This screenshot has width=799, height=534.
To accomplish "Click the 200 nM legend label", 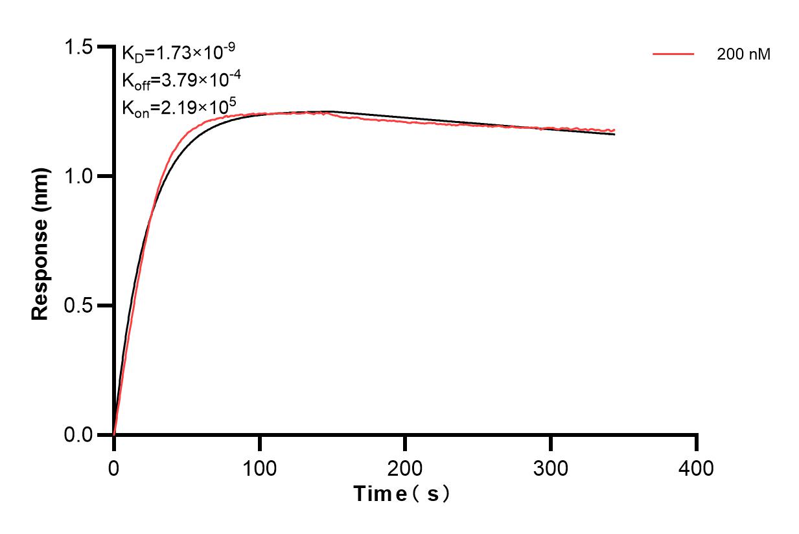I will (x=744, y=55).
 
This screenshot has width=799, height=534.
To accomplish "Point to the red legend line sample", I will (x=674, y=54).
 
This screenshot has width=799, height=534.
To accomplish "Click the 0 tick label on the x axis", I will (x=114, y=467).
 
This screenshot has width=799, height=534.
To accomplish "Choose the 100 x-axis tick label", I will (x=259, y=467).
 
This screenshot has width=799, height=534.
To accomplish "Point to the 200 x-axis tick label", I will (x=405, y=467).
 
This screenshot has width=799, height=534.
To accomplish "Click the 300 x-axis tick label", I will (x=551, y=467).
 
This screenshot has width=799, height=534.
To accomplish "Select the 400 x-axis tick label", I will (x=697, y=467).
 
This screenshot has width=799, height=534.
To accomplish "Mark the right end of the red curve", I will (x=614, y=129).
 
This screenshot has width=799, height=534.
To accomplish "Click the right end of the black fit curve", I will (x=614, y=134).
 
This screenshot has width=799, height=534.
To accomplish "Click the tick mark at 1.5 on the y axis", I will (x=104, y=47).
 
